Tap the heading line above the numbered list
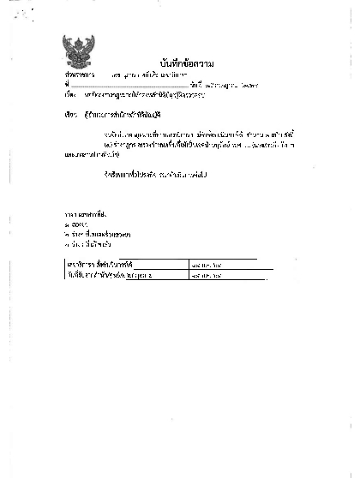[81, 210]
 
